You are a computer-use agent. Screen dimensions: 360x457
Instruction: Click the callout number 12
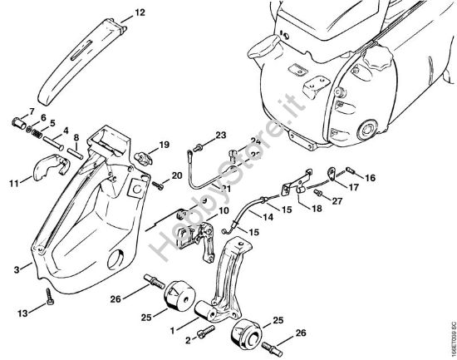pyautogui.click(x=139, y=13)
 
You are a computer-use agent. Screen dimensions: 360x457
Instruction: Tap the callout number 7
pyautogui.click(x=32, y=111)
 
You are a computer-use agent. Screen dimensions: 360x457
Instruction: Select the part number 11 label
pyautogui.click(x=14, y=181)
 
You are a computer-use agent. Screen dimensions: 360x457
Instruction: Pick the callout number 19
pyautogui.click(x=165, y=145)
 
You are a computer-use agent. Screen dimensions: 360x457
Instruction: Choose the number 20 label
pyautogui.click(x=177, y=175)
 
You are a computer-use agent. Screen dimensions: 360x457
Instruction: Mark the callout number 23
pyautogui.click(x=220, y=135)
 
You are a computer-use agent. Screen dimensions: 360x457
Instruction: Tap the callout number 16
pyautogui.click(x=370, y=178)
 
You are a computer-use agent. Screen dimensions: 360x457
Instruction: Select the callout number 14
pyautogui.click(x=268, y=219)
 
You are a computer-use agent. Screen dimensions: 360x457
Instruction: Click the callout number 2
pyautogui.click(x=188, y=339)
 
